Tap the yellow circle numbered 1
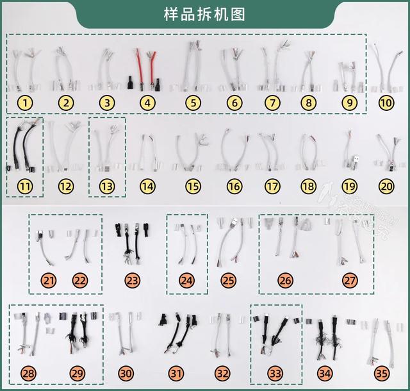[24, 102]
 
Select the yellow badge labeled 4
[147, 102]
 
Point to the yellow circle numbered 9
[348, 102]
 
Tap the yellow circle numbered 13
[106, 187]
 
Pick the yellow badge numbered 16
[234, 187]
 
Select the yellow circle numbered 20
[386, 187]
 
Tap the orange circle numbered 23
[133, 280]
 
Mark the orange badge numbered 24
[187, 280]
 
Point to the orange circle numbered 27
[350, 280]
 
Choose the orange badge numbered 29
[77, 373]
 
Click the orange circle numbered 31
[176, 373]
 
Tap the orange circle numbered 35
[382, 373]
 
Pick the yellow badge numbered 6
[234, 102]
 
